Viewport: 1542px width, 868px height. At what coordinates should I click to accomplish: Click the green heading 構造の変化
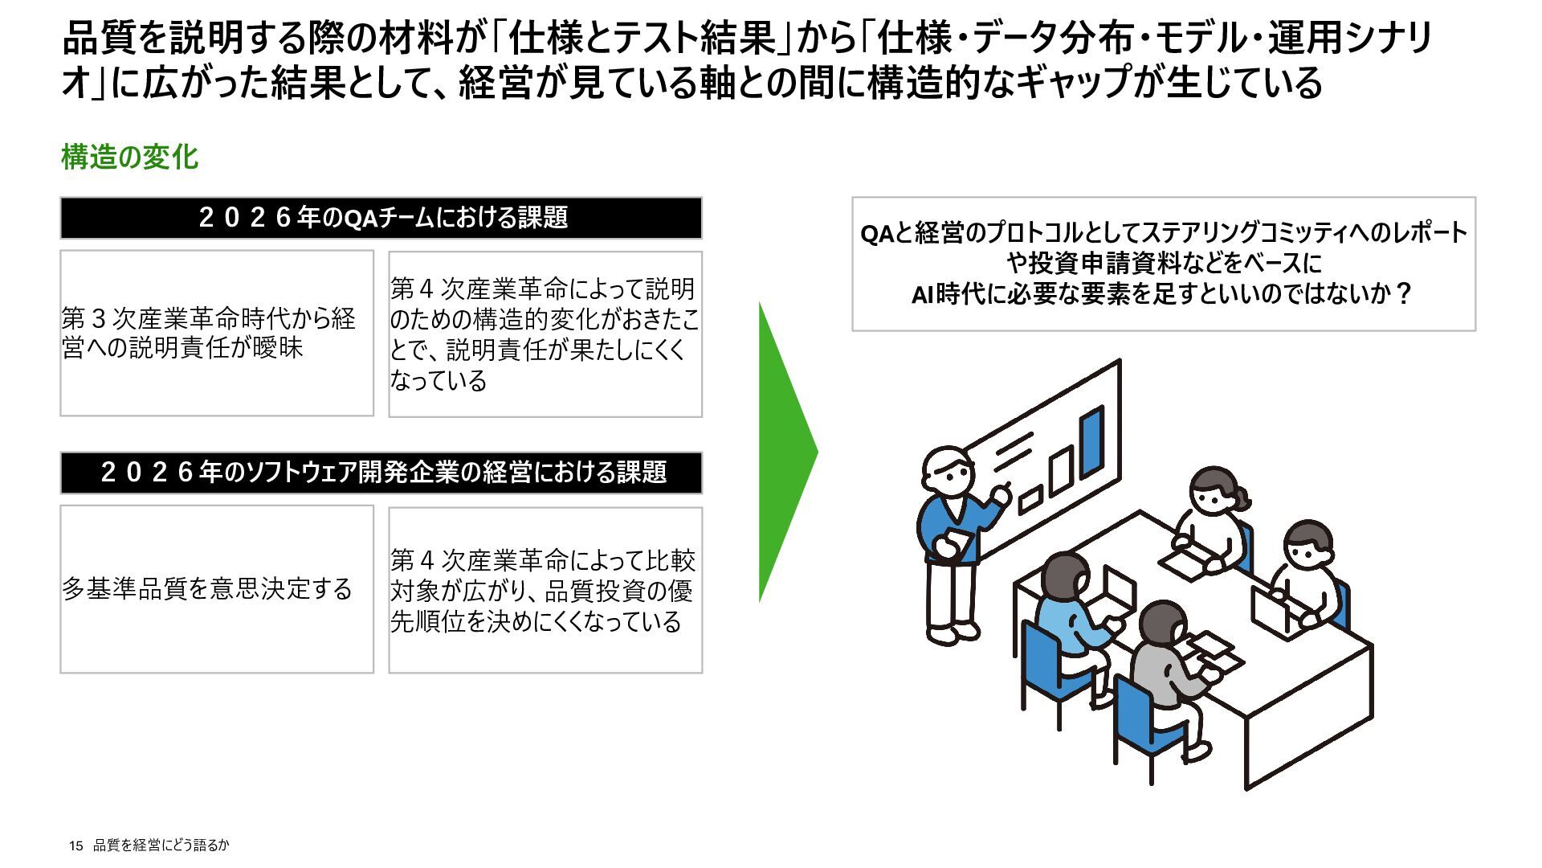tap(129, 157)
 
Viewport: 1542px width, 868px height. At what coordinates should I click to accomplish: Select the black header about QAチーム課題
tap(381, 218)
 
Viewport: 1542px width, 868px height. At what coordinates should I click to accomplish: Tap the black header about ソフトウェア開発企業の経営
tap(381, 472)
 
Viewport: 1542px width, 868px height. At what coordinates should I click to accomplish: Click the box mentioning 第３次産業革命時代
tap(216, 333)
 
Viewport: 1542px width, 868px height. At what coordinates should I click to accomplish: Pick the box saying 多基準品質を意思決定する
tap(216, 589)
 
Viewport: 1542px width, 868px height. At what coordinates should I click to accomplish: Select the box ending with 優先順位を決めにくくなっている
tap(545, 590)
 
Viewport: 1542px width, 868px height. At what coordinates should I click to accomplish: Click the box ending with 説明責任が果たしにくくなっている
tap(545, 334)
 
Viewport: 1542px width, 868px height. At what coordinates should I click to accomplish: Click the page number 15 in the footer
tap(75, 845)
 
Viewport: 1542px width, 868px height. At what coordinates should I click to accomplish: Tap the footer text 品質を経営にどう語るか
tap(161, 845)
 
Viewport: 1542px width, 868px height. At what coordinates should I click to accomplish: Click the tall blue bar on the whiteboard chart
tap(1091, 442)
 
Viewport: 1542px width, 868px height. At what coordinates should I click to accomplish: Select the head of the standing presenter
tap(948, 473)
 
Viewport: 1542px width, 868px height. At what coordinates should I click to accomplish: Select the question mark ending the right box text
tap(1403, 293)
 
